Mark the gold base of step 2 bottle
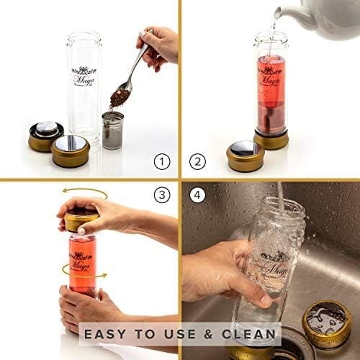(271, 138)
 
